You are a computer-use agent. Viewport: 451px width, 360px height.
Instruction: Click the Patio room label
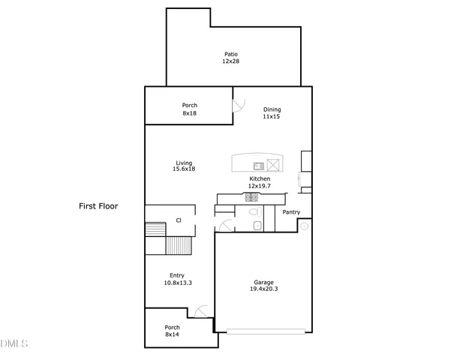click(230, 54)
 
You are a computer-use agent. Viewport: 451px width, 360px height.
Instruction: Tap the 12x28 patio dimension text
click(230, 61)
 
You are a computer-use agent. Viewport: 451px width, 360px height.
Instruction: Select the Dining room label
click(272, 109)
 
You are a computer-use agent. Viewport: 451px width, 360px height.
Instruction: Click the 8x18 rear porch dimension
click(189, 113)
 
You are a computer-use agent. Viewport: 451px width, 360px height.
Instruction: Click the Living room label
click(184, 163)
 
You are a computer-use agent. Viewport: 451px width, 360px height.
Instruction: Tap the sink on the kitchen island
click(257, 166)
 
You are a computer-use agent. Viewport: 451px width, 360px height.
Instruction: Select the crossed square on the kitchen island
click(273, 166)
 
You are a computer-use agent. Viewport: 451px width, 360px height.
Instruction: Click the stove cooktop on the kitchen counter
click(251, 197)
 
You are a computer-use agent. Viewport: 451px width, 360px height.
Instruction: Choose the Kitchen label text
click(260, 178)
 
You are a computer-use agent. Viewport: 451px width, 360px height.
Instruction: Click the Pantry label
click(291, 212)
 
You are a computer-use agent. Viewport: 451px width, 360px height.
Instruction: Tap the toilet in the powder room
click(256, 213)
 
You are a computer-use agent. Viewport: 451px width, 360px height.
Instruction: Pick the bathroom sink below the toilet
click(257, 226)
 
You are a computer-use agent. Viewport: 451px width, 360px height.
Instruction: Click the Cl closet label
click(179, 220)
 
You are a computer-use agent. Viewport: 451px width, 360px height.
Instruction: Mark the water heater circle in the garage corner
click(305, 225)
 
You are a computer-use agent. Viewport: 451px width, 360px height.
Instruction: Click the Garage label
click(263, 283)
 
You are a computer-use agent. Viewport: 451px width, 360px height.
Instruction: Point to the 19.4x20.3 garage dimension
click(263, 291)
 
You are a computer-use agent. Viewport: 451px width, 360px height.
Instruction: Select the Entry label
click(177, 275)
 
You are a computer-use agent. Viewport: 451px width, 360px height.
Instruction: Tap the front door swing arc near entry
click(200, 311)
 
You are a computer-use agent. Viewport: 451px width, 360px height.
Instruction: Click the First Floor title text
click(99, 205)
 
